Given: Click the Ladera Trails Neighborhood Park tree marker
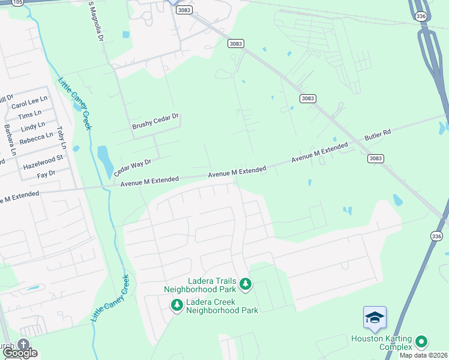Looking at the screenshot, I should coord(245,283).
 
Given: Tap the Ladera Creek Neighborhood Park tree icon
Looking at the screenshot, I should coord(176,305).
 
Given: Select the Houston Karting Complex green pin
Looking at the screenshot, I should coord(421,342).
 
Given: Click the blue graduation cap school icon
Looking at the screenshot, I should coord(375,317).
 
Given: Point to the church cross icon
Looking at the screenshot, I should coord(23,344).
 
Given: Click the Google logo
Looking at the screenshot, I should coord(20,353).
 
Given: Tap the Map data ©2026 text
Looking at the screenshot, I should coord(423,355).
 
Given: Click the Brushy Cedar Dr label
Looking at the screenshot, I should coord(156,122).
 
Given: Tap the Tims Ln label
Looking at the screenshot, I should coord(30,114).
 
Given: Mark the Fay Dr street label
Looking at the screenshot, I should coord(46,173).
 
